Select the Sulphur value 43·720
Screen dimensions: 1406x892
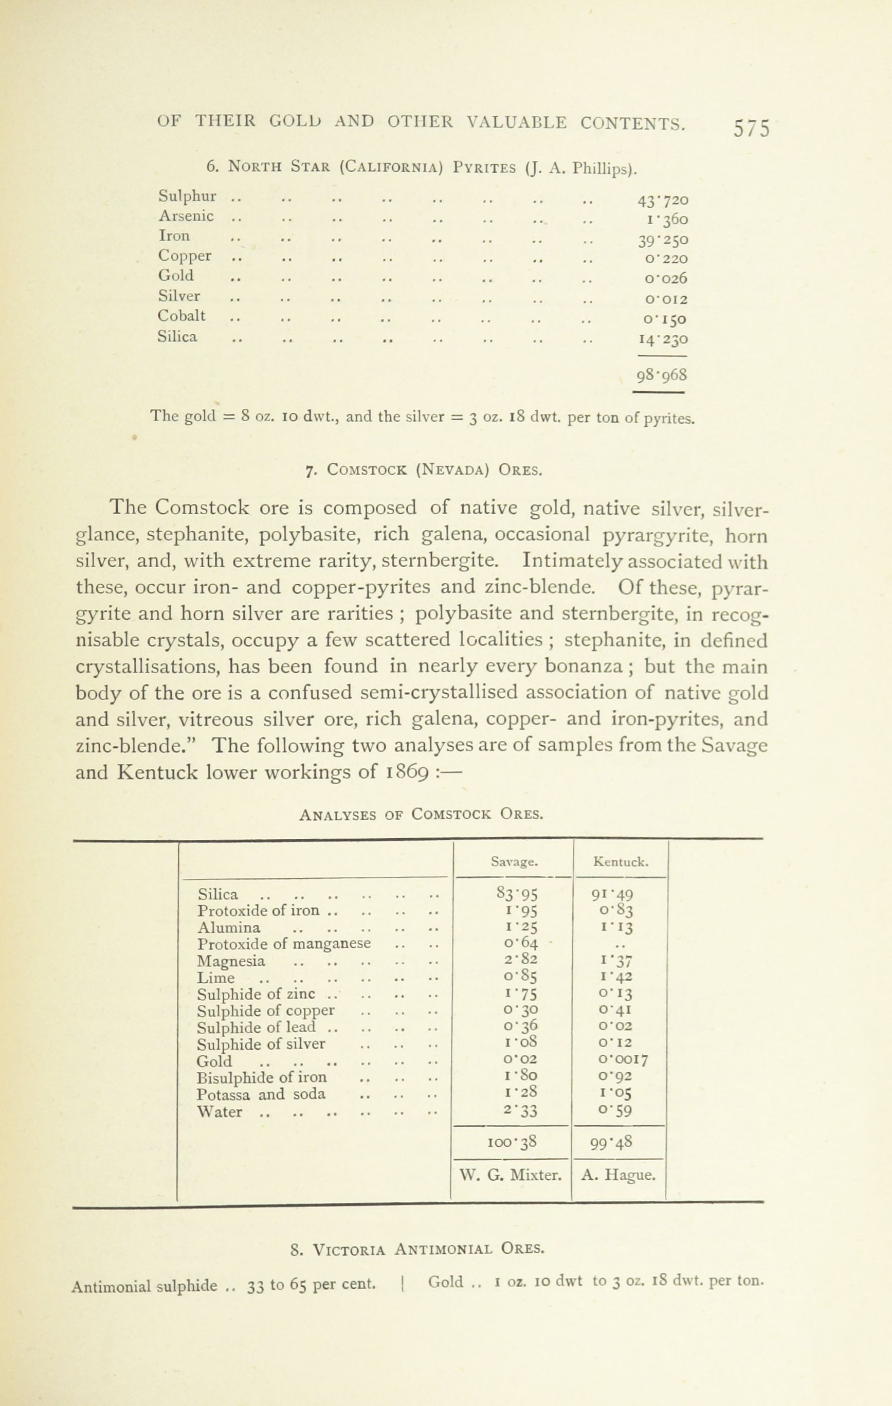pos(663,200)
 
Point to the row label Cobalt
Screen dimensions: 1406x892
pos(181,316)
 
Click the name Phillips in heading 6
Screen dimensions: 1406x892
pos(604,169)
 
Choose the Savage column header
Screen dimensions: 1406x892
pos(514,861)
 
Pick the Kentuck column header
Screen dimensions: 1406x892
pos(620,861)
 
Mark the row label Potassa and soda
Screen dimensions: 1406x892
pos(261,1094)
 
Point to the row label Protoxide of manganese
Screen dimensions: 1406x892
pos(284,944)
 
